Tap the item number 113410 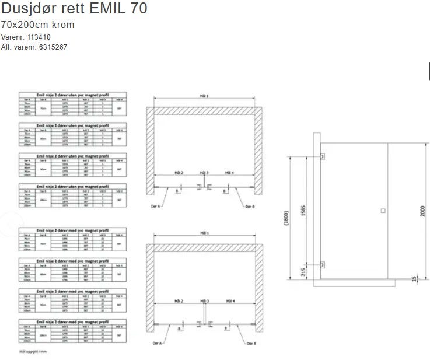coord(39,37)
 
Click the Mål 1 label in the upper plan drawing coord(204,96)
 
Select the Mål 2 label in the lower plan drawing coord(179,300)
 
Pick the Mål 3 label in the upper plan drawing coord(204,173)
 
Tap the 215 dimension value coord(303,271)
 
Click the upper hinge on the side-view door coord(322,156)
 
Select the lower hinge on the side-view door coord(322,264)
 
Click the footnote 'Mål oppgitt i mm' coord(33,351)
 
